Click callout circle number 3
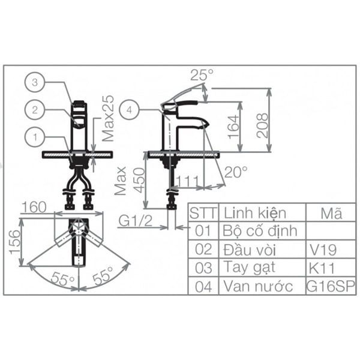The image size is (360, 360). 35,82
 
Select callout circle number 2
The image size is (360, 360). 35,109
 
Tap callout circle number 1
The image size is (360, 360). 35,137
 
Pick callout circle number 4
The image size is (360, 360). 130,109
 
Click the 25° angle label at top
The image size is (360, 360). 202,75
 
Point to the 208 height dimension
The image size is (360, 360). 262,124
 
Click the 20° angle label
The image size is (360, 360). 236,172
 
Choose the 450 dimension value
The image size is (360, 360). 139,179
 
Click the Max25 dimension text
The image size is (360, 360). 108,118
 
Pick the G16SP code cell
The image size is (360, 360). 331,286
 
